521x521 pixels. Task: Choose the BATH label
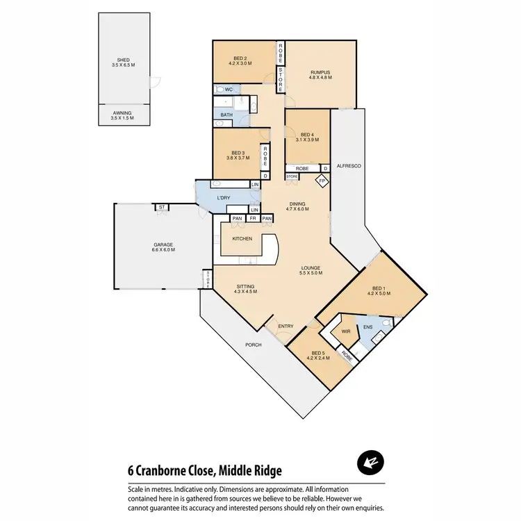226,115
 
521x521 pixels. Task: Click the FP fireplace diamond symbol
322,181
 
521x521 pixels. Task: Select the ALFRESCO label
347,167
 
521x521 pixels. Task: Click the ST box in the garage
161,207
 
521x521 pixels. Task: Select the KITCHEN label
242,239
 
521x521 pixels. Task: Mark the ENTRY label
286,326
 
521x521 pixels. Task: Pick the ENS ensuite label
368,326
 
